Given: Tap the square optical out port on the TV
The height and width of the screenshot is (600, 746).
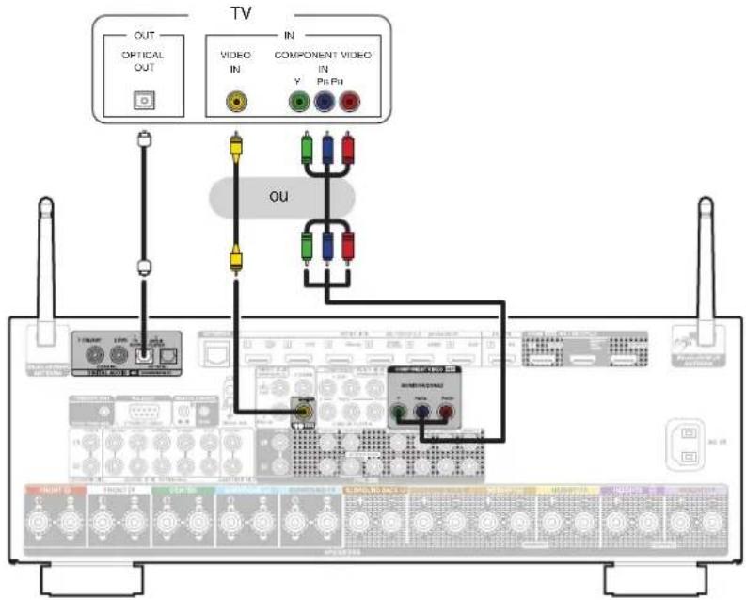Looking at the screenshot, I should [x=143, y=100].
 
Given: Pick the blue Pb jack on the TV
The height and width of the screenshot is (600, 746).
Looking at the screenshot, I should [x=326, y=101].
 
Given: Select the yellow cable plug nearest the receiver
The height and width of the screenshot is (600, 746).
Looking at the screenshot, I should [x=232, y=255].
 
